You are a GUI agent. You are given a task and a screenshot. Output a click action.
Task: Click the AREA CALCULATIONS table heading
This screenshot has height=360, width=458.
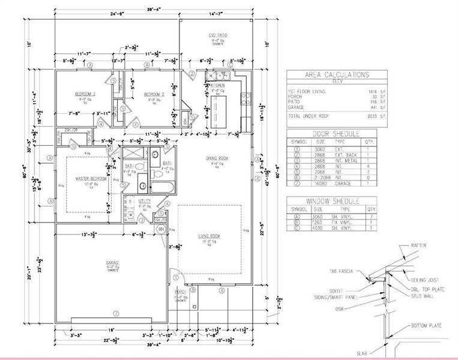coord(336,75)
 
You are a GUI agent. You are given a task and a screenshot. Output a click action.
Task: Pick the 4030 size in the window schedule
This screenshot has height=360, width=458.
coord(319,229)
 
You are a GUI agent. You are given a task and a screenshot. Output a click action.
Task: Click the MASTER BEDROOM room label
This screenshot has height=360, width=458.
coord(91,179)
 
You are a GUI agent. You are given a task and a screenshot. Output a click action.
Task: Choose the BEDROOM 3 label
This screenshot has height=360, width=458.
coord(85,94)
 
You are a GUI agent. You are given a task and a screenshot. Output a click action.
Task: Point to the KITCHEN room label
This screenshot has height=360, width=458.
coord(217,86)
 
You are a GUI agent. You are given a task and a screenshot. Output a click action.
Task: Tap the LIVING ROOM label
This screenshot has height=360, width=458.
coord(209,236)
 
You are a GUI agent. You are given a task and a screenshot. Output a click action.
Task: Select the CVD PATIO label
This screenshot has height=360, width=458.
coord(209,35)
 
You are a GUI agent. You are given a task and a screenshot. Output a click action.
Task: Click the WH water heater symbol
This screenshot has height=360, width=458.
coord(161,229)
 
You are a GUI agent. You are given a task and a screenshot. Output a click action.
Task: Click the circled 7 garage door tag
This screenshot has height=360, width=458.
coord(116,314)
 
